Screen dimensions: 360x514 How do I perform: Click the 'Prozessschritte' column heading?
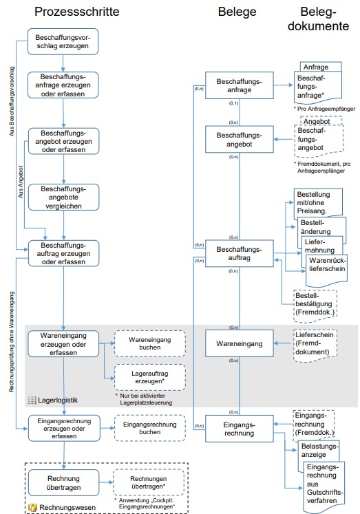point(76,12)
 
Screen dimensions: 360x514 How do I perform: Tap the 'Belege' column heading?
point(237,12)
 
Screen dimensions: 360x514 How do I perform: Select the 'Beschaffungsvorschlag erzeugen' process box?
point(63,42)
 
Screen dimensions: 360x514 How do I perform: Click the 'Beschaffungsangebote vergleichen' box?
point(63,197)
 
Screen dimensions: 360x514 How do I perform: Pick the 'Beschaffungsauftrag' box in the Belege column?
point(240,253)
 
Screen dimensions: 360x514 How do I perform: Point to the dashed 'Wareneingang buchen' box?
point(150,343)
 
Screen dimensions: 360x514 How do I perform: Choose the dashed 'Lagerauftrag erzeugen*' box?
point(150,377)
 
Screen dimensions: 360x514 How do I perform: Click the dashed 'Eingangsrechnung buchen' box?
point(150,428)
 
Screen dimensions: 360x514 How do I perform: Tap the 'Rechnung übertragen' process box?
point(63,482)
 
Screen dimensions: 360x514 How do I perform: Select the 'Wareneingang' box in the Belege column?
point(240,343)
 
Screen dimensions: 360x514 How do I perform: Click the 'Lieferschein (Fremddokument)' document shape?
point(315,345)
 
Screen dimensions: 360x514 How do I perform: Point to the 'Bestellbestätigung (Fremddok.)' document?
point(315,306)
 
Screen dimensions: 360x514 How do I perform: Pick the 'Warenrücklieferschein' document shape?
point(326,270)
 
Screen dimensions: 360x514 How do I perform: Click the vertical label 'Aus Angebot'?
point(21,182)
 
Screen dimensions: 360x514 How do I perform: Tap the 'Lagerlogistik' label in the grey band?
point(58,400)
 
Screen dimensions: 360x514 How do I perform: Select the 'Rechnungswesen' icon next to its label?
point(32,507)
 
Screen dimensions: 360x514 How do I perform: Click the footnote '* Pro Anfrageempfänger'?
point(324,109)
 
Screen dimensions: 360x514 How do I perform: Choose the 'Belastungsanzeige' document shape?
point(318,451)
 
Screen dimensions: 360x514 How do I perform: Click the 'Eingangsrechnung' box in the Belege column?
point(240,429)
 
